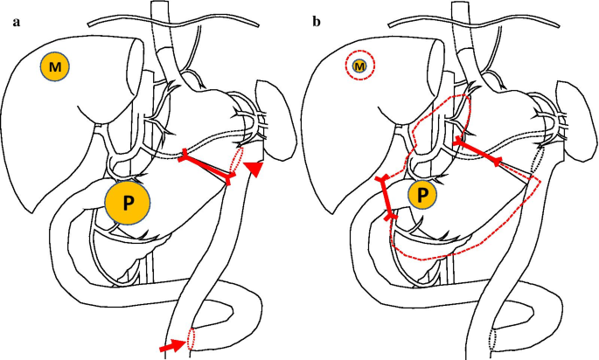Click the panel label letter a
pyautogui.click(x=16, y=24)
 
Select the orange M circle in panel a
pyautogui.click(x=55, y=66)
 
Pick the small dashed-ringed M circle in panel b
pyautogui.click(x=359, y=65)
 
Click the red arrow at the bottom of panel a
pyautogui.click(x=174, y=346)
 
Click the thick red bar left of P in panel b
pyautogui.click(x=386, y=197)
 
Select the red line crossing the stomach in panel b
pyautogui.click(x=478, y=150)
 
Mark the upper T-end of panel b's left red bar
pyautogui.click(x=380, y=180)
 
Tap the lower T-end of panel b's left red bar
pyautogui.click(x=390, y=215)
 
